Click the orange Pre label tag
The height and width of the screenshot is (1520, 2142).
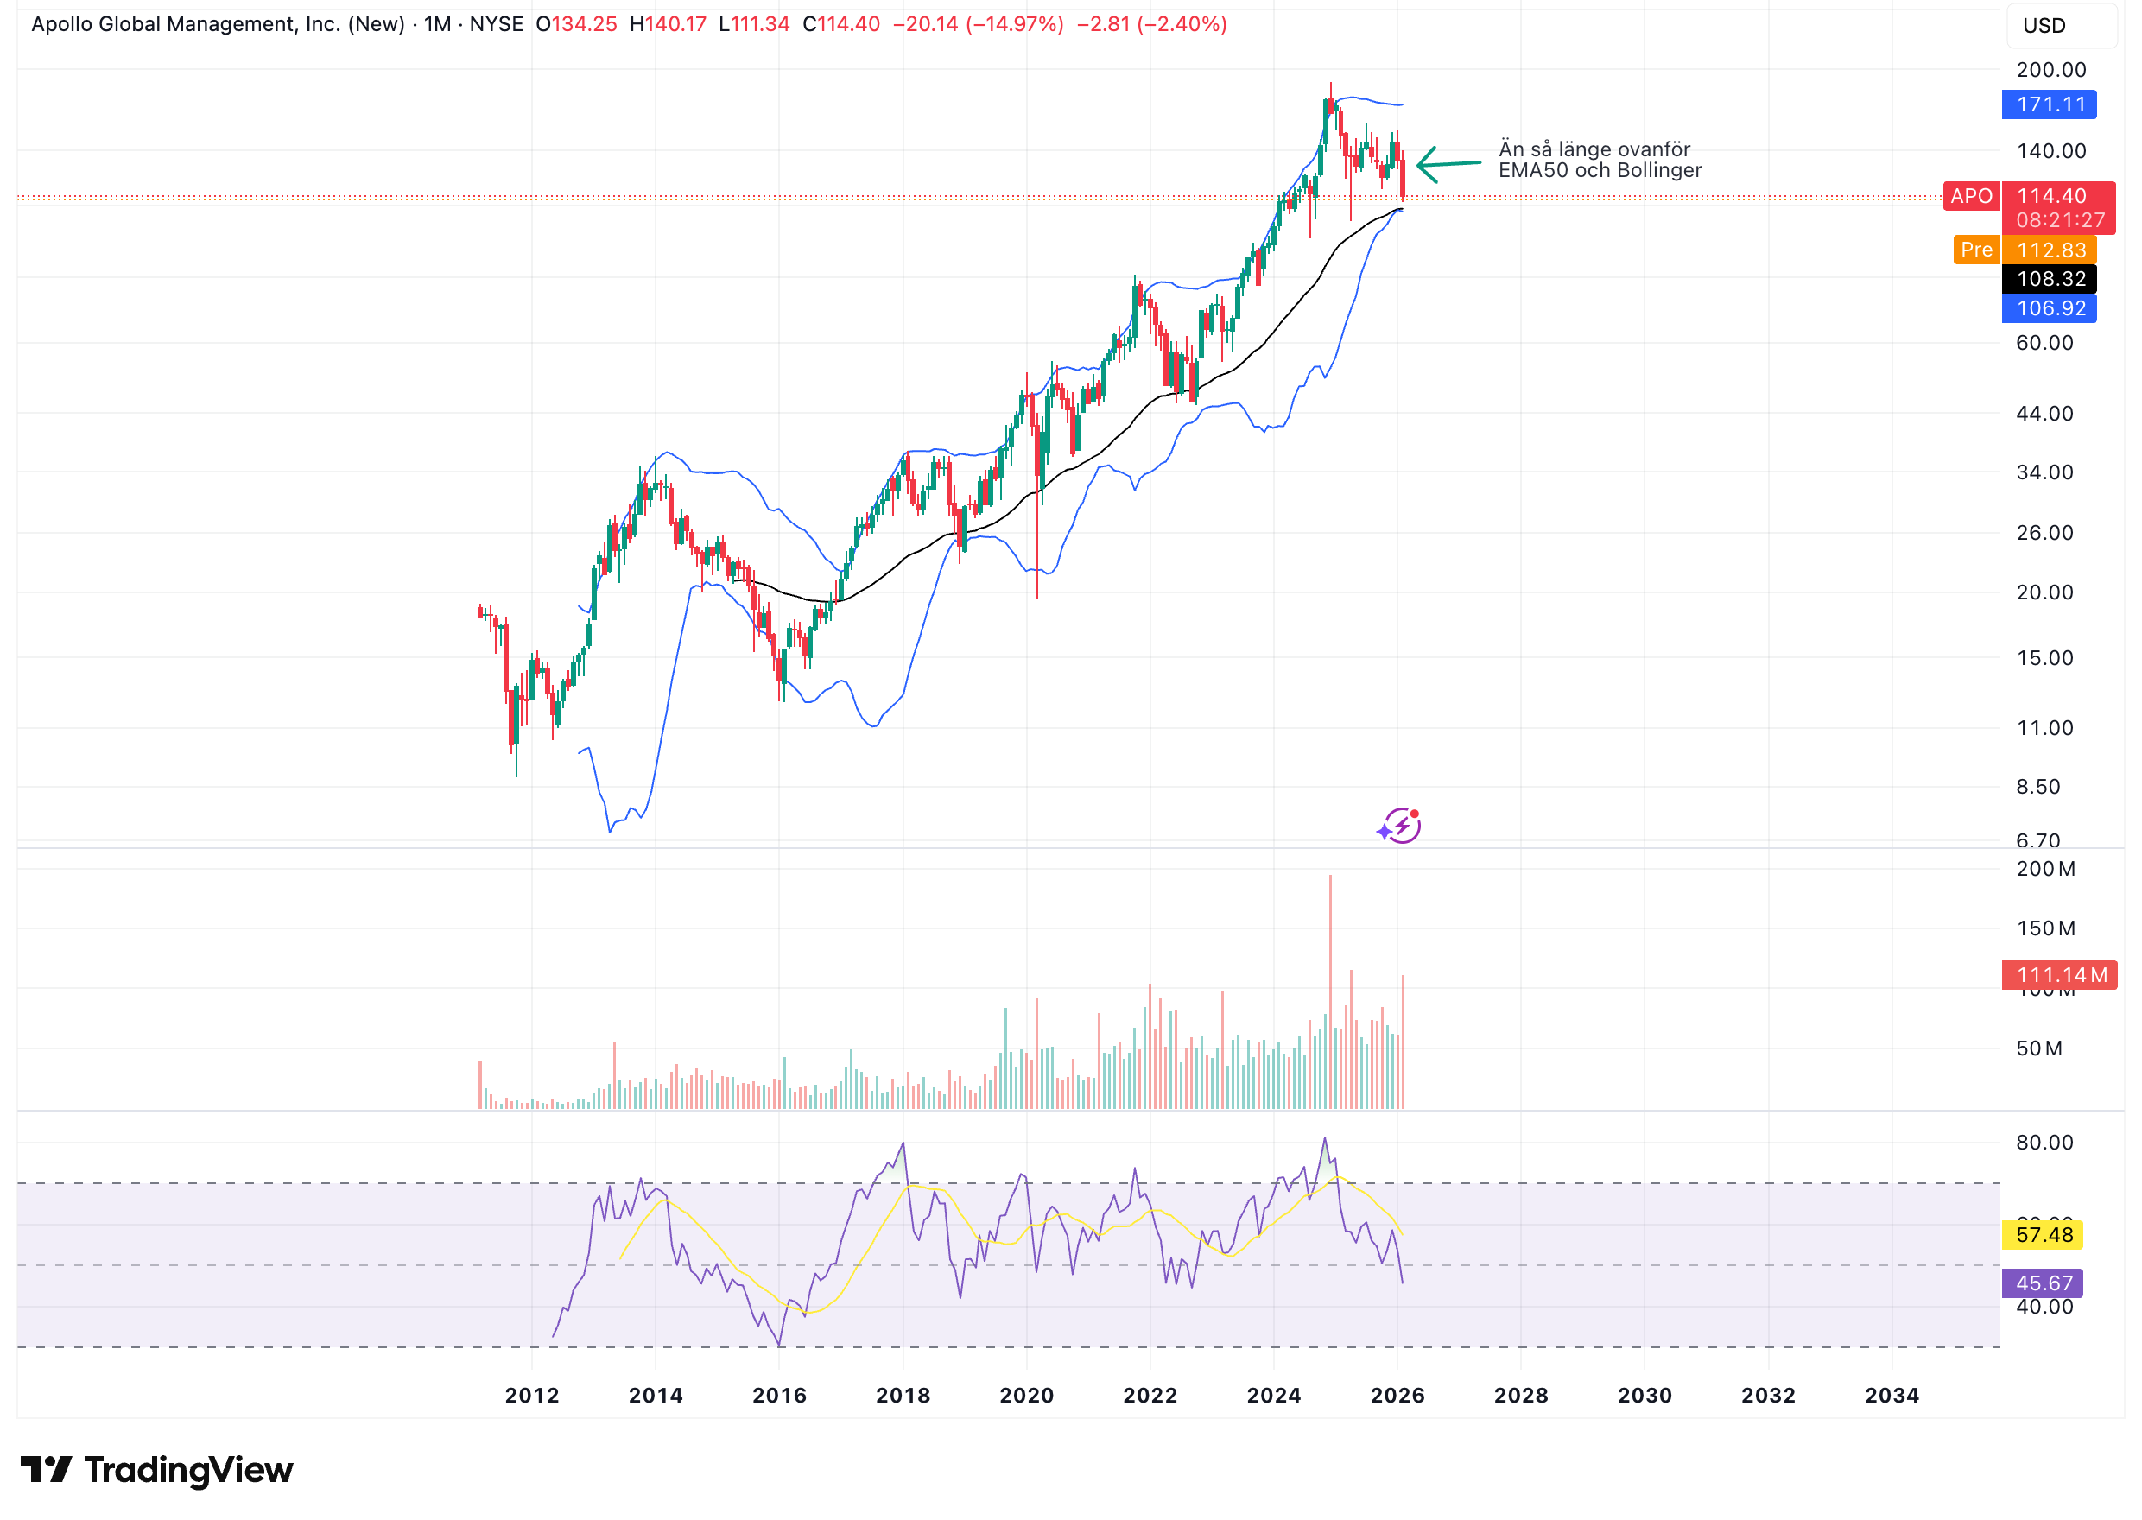click(1974, 250)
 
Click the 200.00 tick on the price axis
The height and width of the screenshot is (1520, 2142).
click(2050, 70)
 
